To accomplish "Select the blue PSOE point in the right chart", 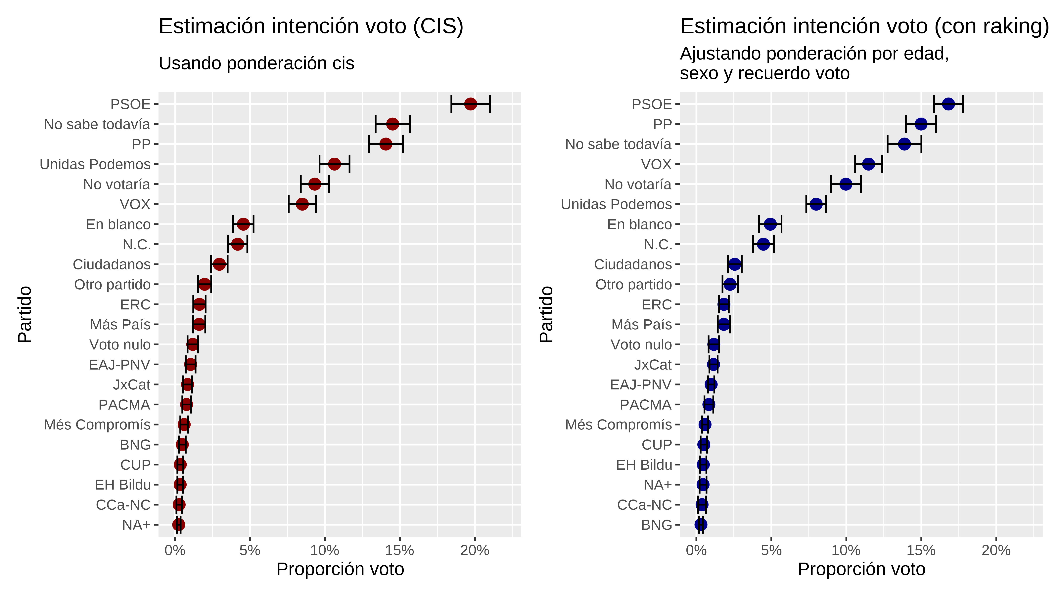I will tap(948, 104).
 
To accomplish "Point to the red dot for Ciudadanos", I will tap(219, 264).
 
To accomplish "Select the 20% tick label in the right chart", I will tap(996, 550).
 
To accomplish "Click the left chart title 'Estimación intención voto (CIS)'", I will tap(311, 26).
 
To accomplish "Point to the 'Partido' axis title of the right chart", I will tap(546, 315).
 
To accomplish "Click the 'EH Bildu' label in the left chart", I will tap(123, 485).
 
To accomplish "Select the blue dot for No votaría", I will tap(846, 184).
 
